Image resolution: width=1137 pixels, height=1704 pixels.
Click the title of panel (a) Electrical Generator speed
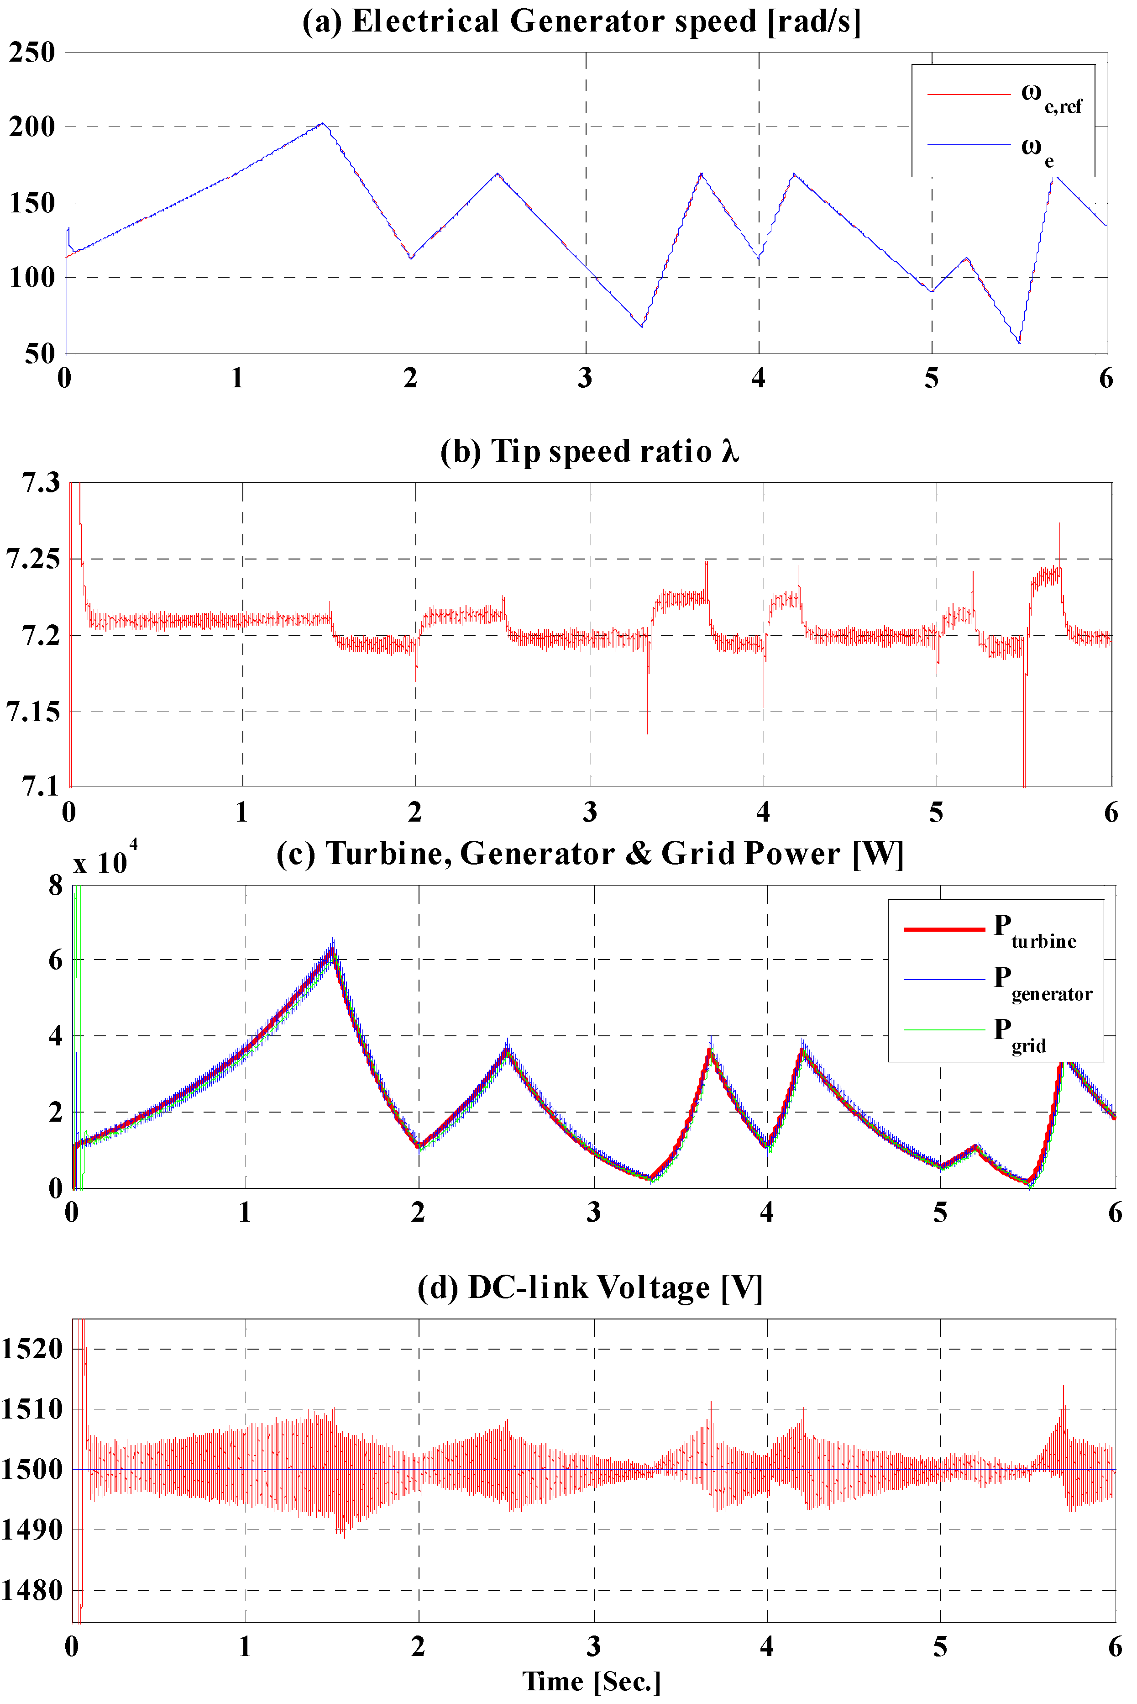(582, 22)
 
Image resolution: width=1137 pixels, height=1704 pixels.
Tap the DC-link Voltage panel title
(590, 1287)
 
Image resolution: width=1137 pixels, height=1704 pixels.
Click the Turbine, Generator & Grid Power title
(590, 854)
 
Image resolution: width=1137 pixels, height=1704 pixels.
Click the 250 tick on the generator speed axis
(32, 53)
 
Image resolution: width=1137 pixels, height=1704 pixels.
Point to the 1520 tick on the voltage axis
(32, 1349)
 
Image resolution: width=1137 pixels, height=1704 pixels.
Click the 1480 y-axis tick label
(32, 1590)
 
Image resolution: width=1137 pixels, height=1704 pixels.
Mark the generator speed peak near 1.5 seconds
(323, 123)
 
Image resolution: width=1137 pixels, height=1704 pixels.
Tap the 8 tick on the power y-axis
(56, 885)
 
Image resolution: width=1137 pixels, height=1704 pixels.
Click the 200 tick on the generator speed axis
(32, 128)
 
